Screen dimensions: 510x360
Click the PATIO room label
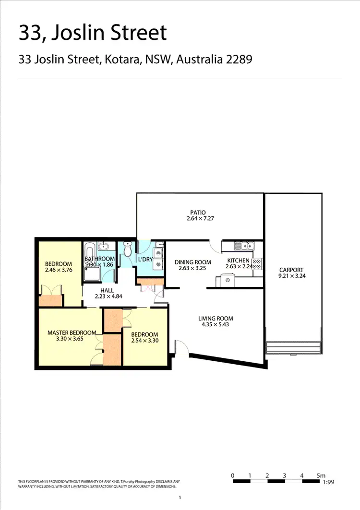(197, 212)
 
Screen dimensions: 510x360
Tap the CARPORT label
(291, 270)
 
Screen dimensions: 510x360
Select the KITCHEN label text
(238, 261)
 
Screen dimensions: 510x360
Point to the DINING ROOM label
(192, 262)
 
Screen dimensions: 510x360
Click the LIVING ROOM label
(216, 318)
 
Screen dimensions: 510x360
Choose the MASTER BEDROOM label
(72, 332)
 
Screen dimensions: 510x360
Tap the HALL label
(107, 290)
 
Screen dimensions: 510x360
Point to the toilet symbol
(127, 249)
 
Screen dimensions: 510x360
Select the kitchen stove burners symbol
(257, 264)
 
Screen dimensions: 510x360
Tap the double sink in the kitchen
(244, 246)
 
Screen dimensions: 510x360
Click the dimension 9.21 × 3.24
(291, 276)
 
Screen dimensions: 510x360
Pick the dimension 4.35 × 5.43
(216, 325)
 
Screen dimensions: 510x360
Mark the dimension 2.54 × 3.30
(144, 341)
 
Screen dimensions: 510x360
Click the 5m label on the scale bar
(321, 475)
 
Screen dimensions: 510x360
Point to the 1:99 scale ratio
(329, 483)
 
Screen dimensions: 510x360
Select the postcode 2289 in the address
(240, 60)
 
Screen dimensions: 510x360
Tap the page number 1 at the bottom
(180, 498)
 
